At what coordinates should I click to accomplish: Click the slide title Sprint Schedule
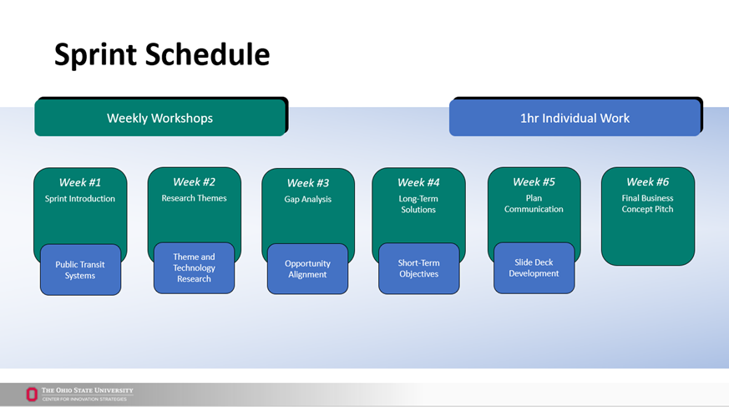point(162,55)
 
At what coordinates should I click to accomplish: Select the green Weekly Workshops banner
point(159,118)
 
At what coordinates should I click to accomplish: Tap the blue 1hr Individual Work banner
point(575,118)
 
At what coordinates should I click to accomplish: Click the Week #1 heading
point(80,182)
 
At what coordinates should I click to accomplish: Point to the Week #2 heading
point(194,181)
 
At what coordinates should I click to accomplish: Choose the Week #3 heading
point(307,183)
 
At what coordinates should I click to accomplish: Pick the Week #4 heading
point(418,182)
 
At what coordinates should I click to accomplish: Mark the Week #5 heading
point(534,181)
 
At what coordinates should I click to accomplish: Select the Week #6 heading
point(647,181)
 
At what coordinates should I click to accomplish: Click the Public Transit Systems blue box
point(80,270)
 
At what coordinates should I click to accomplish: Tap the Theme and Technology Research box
point(194,268)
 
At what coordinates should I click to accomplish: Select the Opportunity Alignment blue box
point(307,269)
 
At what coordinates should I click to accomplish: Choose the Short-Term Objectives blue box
point(418,269)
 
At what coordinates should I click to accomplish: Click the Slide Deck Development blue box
point(534,268)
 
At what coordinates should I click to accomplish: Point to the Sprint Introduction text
point(80,199)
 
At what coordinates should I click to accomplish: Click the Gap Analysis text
point(307,200)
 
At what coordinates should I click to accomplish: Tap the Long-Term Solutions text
point(418,204)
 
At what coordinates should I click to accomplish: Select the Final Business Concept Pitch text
point(647,204)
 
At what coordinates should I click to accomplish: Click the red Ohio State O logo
point(32,394)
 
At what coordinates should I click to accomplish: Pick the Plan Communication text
point(534,204)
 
